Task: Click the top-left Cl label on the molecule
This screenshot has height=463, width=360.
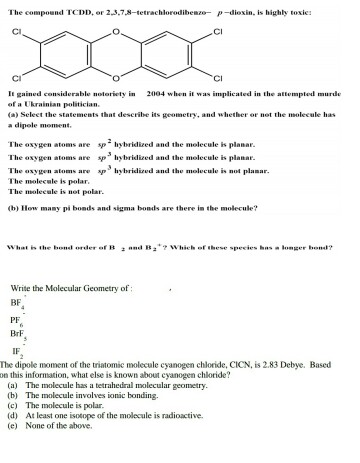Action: coord(17,31)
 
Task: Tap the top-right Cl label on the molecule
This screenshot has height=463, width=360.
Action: coord(218,31)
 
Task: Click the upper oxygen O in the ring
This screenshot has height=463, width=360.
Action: coord(117,31)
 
